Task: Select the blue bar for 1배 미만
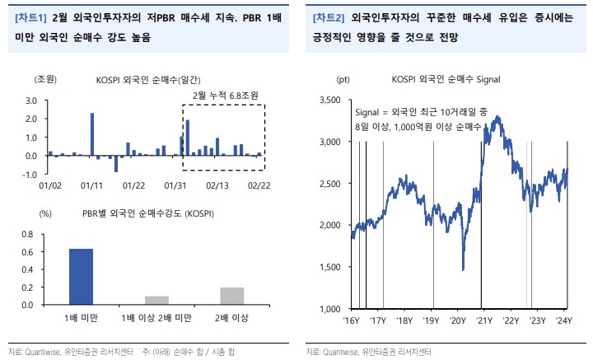[80, 276]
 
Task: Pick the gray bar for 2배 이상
[231, 296]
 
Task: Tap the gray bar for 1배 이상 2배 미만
[156, 300]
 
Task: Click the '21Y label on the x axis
[483, 320]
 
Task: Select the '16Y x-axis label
[352, 320]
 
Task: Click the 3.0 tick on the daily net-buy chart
[31, 100]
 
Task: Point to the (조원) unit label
[44, 79]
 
